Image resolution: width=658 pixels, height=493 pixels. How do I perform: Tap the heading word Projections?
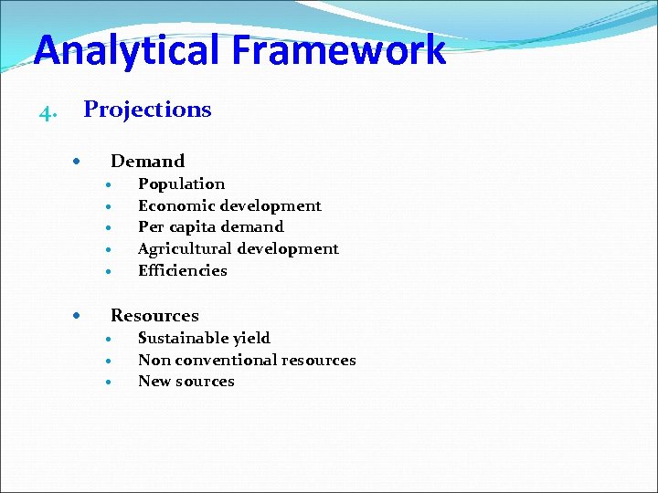click(x=147, y=110)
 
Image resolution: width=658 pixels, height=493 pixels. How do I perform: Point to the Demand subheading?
click(x=147, y=162)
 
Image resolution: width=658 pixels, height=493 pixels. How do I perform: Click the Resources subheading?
click(x=154, y=316)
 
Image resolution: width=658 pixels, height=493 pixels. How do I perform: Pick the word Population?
click(x=181, y=184)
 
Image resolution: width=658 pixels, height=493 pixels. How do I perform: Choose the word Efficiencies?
click(x=182, y=271)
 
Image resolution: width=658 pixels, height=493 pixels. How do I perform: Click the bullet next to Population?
click(x=108, y=185)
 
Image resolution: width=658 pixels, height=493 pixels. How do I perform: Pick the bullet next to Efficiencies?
click(x=108, y=272)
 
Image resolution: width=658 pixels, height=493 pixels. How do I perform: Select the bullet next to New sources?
click(x=108, y=383)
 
